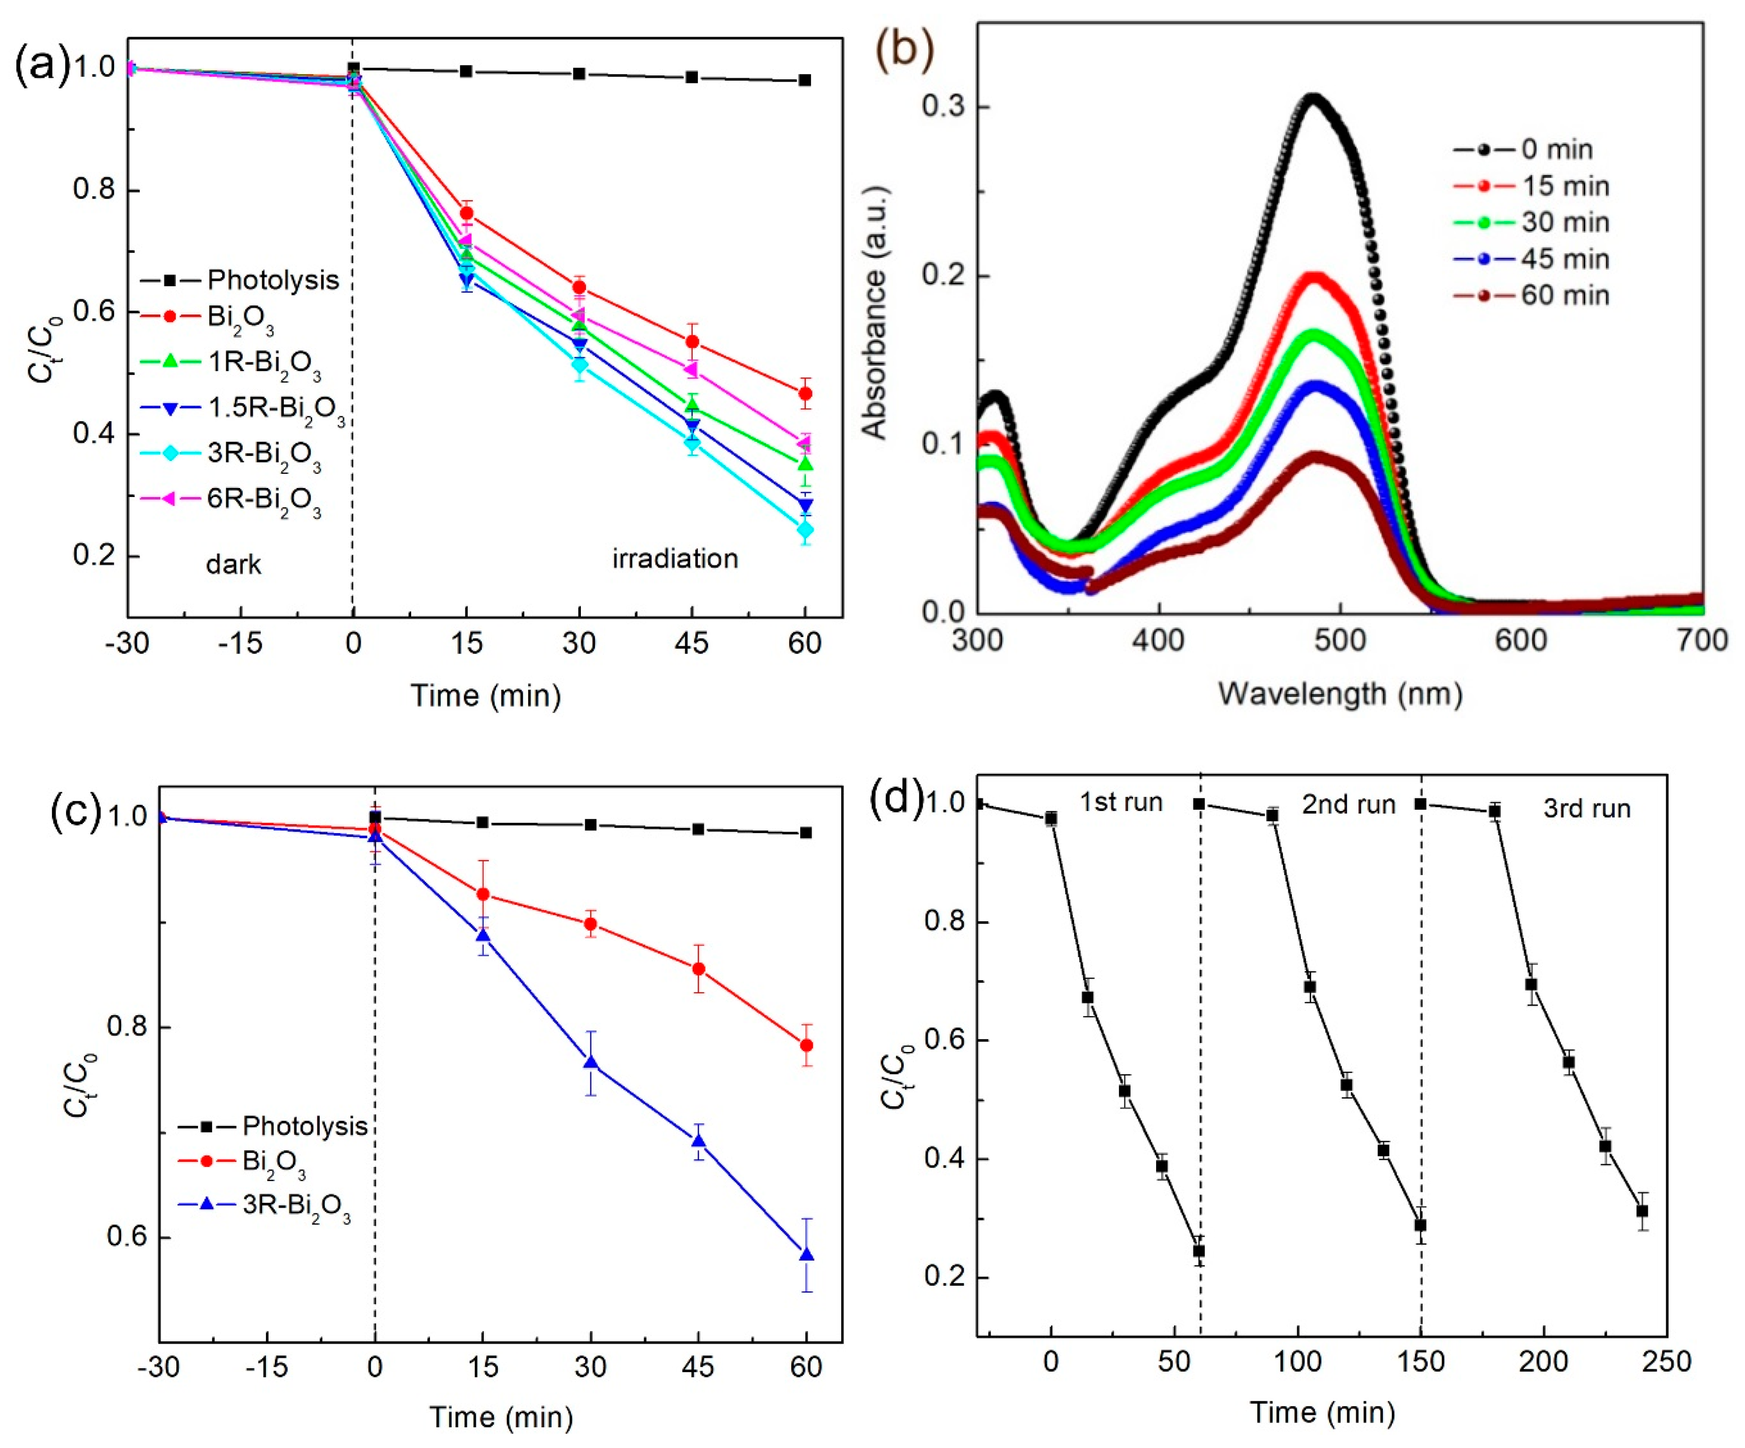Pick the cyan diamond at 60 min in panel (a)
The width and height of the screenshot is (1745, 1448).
[804, 530]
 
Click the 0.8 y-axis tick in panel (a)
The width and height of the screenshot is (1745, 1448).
[94, 190]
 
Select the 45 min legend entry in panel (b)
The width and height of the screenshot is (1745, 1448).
[1565, 259]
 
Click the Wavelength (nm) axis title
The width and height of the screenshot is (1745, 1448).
[1340, 693]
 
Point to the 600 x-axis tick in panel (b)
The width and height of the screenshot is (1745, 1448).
[1522, 640]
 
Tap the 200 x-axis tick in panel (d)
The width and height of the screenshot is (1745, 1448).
[1543, 1361]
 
